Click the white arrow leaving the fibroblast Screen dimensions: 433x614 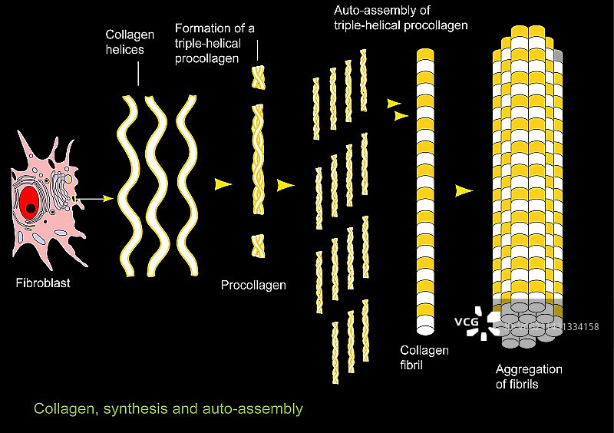pyautogui.click(x=96, y=200)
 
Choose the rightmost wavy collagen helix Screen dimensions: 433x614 pyautogui.click(x=187, y=184)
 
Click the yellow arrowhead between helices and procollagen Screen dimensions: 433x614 pyautogui.click(x=223, y=184)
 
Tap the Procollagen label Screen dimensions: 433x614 pyautogui.click(x=253, y=286)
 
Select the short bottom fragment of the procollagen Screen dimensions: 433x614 pyautogui.click(x=259, y=246)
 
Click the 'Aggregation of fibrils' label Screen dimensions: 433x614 pyautogui.click(x=529, y=376)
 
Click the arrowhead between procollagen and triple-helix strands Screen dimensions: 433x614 pyautogui.click(x=286, y=185)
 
